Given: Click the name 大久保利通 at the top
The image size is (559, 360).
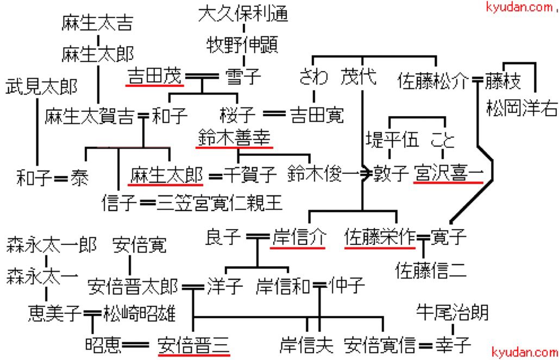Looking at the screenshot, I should click(243, 12).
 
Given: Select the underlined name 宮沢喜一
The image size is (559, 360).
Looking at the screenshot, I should click(448, 174).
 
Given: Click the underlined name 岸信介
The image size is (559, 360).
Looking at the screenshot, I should click(297, 238).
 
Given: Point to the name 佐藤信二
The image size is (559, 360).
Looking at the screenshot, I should click(431, 269).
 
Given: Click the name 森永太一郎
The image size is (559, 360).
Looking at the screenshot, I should click(52, 245).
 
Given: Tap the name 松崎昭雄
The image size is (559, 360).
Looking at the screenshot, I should click(140, 313).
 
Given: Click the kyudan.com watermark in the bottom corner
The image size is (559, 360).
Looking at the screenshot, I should click(524, 352).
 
